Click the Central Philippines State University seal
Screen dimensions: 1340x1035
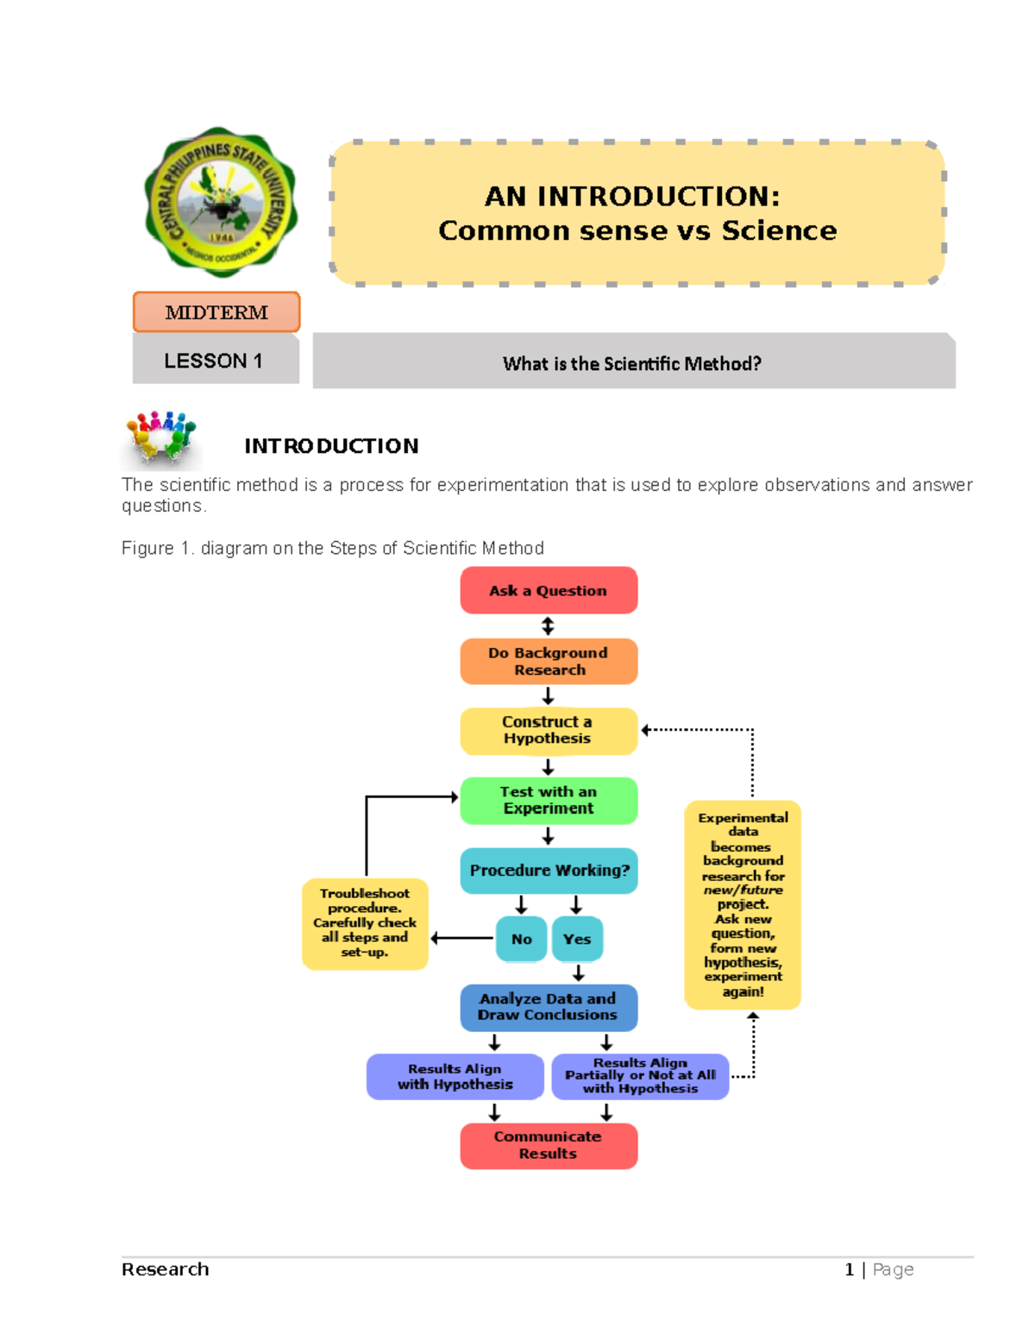click(x=221, y=203)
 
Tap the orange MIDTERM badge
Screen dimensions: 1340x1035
click(x=216, y=312)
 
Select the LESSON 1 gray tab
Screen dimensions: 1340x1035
click(x=215, y=361)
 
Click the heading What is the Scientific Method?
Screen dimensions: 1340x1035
click(x=632, y=363)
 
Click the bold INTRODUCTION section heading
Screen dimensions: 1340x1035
click(x=331, y=446)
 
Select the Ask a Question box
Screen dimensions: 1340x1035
click(x=549, y=591)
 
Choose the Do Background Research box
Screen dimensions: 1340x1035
click(x=549, y=662)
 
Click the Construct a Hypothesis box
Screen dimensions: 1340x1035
click(x=549, y=731)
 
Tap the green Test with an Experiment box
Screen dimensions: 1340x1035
click(x=549, y=801)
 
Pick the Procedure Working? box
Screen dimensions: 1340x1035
click(x=549, y=871)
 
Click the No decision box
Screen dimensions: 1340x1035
click(x=522, y=939)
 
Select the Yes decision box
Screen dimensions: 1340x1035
click(x=577, y=939)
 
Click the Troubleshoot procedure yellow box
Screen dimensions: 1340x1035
click(x=365, y=923)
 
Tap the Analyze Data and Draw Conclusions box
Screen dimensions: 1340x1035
click(x=549, y=1007)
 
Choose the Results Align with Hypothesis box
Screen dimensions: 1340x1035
click(x=455, y=1077)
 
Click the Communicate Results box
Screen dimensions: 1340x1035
click(x=549, y=1146)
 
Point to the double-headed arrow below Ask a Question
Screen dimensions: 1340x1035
click(x=548, y=626)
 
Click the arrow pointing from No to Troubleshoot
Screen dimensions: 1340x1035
click(x=462, y=938)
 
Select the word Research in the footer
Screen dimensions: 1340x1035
click(x=166, y=1269)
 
